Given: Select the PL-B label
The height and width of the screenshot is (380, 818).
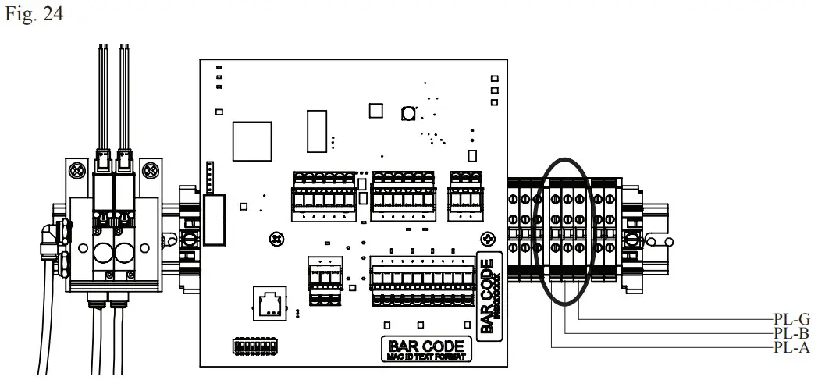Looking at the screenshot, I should pyautogui.click(x=791, y=334).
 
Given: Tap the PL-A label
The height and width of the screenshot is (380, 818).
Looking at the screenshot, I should pyautogui.click(x=791, y=347).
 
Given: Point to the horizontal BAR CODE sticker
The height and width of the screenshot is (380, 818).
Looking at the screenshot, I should pyautogui.click(x=427, y=349).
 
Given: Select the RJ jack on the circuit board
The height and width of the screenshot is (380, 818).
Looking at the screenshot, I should pyautogui.click(x=269, y=302).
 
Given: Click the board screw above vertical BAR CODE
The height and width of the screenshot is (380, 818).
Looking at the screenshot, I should pyautogui.click(x=488, y=237).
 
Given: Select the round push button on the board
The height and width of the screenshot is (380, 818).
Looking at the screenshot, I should pyautogui.click(x=407, y=114).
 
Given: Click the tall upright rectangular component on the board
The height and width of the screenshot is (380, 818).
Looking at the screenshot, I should pyautogui.click(x=317, y=130).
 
